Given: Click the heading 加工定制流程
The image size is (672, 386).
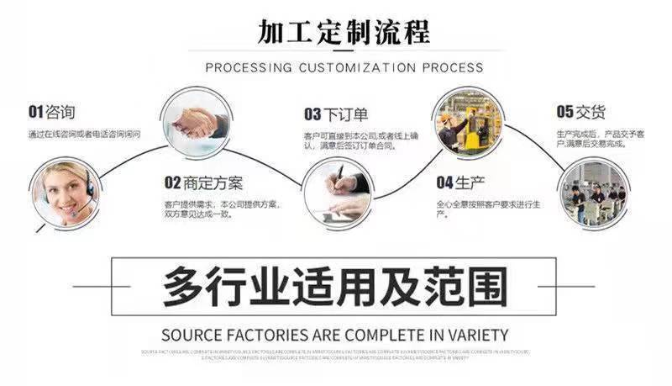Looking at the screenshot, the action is click(x=344, y=32).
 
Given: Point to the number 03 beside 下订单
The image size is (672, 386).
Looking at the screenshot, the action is click(x=312, y=114).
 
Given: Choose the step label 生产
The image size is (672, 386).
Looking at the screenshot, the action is click(x=470, y=182).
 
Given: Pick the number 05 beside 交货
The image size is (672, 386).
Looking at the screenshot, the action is click(x=564, y=111).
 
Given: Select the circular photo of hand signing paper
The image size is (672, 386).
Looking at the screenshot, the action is click(x=338, y=193).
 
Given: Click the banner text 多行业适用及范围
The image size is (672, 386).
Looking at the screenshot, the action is click(x=335, y=285).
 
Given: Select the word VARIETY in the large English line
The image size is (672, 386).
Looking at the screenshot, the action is click(x=478, y=334).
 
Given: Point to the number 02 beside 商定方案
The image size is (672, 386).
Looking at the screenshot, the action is click(x=173, y=182).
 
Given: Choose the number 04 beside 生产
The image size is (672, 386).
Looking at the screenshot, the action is click(x=444, y=182).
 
